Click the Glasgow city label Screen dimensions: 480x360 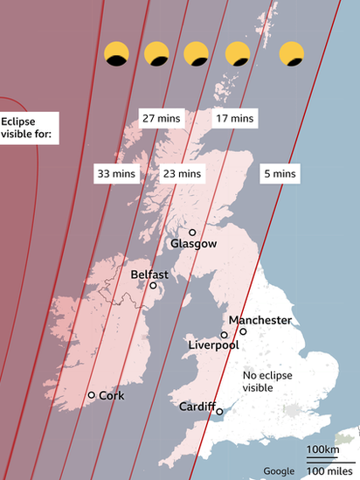coord(193,244)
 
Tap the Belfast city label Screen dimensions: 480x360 coord(149,274)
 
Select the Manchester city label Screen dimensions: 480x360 coord(260,320)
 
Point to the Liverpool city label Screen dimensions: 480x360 coord(214,346)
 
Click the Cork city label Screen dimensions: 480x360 coord(111,396)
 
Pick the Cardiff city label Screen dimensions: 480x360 coord(197,407)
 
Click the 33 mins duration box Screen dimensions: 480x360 coord(116,174)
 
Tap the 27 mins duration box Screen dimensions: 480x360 coord(160,118)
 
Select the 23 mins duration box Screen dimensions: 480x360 coord(182,174)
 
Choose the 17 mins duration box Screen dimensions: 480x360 coord(235,118)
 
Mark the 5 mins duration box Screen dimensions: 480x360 coord(280,174)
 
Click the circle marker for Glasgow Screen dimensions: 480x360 coord(192,233)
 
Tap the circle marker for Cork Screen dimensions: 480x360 coord(91,395)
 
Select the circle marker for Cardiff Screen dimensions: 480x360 coord(219,411)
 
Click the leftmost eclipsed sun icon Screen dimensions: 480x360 coord(116,54)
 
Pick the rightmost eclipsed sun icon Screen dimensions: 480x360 coord(291,54)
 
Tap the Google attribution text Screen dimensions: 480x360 coord(280,472)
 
